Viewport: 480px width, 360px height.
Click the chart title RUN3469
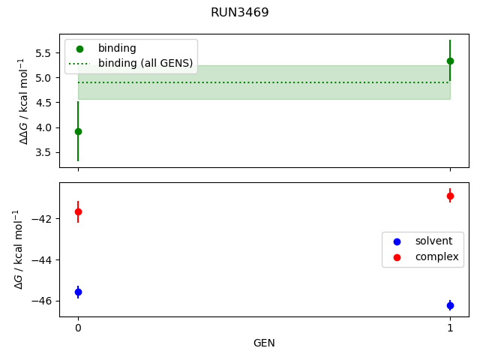pos(240,13)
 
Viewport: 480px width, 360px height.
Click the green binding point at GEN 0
pos(78,131)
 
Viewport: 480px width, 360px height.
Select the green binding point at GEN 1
pos(450,61)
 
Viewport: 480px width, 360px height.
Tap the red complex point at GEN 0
pos(78,211)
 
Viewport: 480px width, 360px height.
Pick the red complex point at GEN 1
pos(450,196)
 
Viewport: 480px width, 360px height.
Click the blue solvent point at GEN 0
pos(78,292)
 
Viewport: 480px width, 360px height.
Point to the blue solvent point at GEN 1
pos(450,305)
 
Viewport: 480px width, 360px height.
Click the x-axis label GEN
pos(264,343)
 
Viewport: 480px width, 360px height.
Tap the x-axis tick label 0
pos(78,328)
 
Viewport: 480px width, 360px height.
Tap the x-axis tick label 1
pos(450,328)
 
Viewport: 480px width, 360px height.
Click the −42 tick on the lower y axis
pos(43,219)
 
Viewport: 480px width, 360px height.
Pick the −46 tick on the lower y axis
pos(43,301)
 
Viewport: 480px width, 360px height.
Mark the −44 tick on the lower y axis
pos(43,260)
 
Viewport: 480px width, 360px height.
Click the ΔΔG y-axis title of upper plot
pos(22,100)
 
